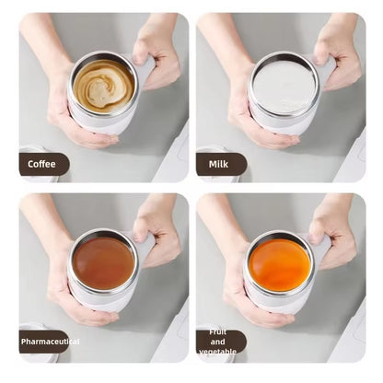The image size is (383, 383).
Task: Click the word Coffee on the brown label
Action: point(41,164)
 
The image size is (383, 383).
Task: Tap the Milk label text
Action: point(218,164)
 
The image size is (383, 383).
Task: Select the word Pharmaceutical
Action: point(50,342)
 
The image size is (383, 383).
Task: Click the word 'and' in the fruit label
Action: point(218,342)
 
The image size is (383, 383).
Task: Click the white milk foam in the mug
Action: point(284,87)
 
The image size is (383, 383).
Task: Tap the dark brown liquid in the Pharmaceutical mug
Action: point(103,263)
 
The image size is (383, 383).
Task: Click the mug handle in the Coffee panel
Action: point(145,70)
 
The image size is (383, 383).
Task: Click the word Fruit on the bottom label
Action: point(218,332)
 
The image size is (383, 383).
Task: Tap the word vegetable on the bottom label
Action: point(218,351)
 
